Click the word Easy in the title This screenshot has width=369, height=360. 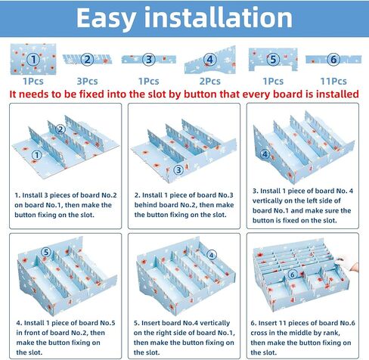106,19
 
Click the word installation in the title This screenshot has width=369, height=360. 219,17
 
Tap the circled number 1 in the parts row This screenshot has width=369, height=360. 33,60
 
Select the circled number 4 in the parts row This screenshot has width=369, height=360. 210,60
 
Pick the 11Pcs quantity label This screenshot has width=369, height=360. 333,81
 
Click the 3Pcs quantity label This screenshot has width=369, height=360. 87,81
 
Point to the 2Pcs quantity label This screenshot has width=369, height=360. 210,81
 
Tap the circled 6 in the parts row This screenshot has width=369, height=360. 333,60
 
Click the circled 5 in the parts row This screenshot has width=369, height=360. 273,60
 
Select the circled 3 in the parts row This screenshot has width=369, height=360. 149,60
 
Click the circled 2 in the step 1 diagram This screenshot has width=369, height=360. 60,129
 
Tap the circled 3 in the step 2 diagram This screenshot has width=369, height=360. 178,170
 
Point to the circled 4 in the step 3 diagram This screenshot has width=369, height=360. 265,154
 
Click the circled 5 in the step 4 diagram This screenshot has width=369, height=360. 46,252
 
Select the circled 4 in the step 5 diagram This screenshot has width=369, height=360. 212,255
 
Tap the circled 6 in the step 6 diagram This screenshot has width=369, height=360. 293,275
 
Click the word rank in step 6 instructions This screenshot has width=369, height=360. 330,333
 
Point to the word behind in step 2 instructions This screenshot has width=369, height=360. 145,205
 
